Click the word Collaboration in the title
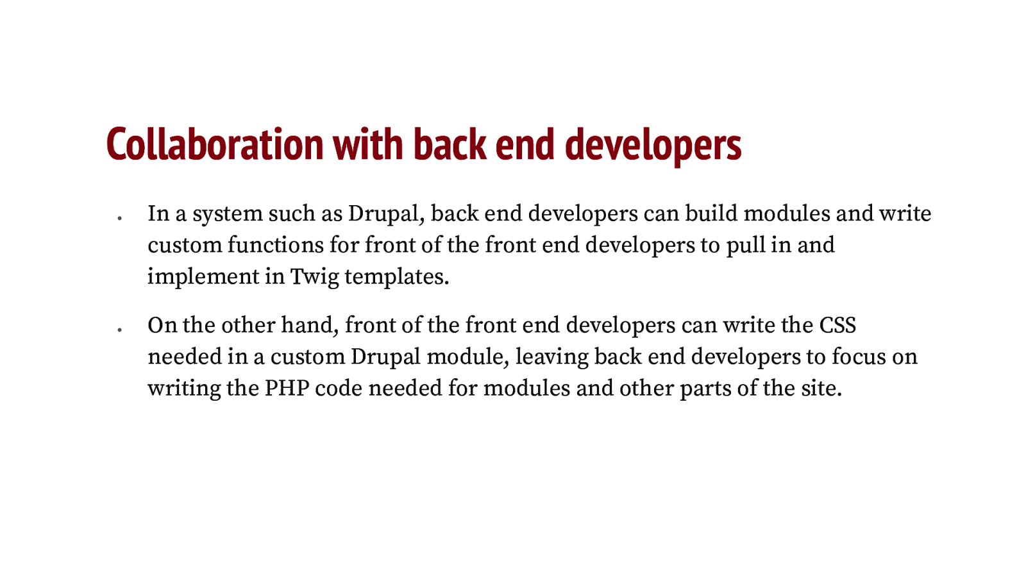coord(215,144)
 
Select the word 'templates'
coord(394,277)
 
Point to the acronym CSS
coord(837,325)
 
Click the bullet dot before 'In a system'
coord(119,219)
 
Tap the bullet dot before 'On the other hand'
coord(119,330)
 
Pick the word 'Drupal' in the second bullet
coord(385,357)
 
